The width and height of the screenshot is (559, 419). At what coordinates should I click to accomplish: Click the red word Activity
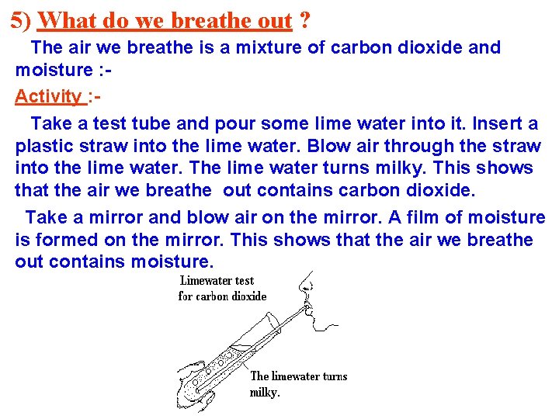pyautogui.click(x=48, y=96)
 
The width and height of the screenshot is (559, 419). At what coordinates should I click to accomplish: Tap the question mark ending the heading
pyautogui.click(x=304, y=20)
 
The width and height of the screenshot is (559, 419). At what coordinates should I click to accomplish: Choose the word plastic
pyautogui.click(x=44, y=145)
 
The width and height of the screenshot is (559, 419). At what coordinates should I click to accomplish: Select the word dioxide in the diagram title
pyautogui.click(x=247, y=296)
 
